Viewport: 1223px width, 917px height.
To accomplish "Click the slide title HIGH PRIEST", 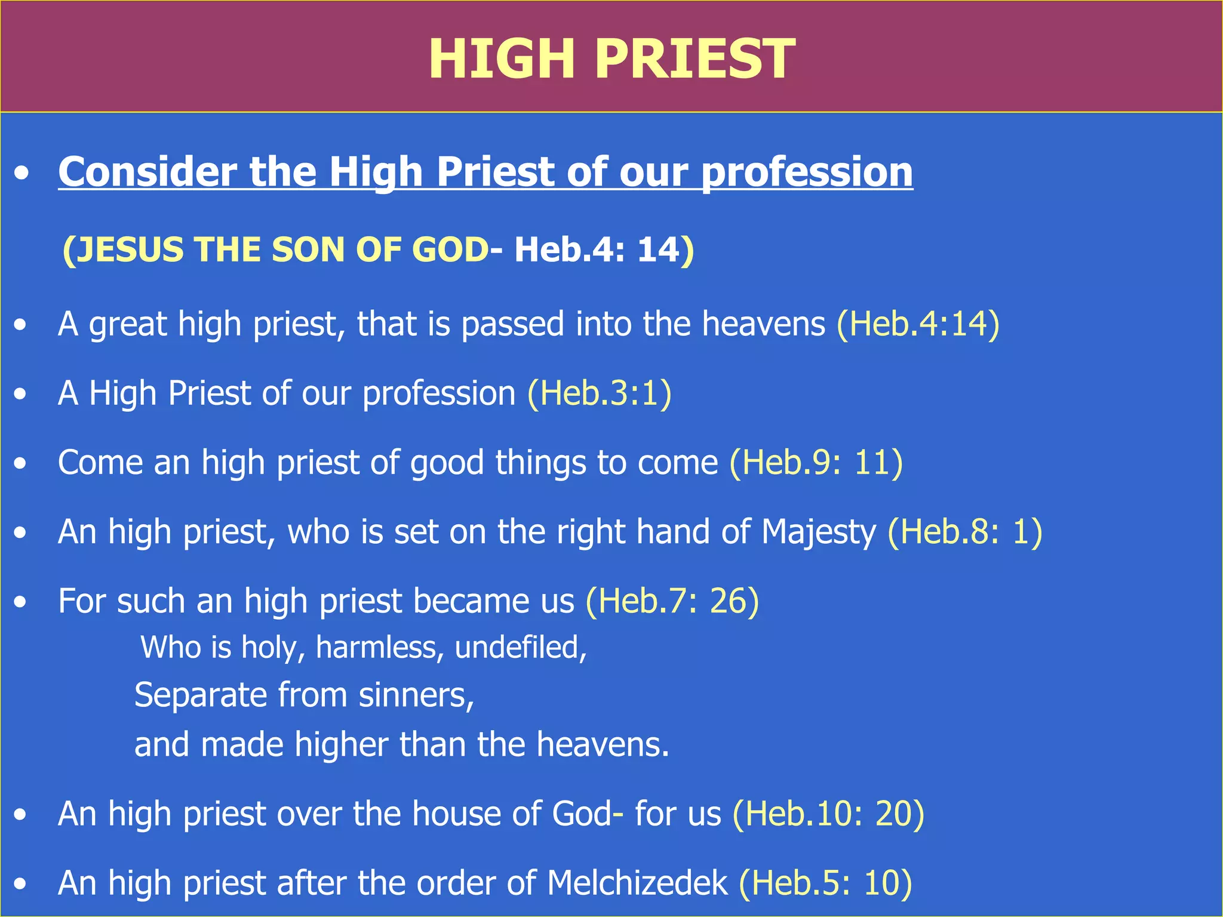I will (611, 59).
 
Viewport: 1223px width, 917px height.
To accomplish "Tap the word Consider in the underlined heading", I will (148, 172).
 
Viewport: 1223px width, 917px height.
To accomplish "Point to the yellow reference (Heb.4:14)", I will (918, 324).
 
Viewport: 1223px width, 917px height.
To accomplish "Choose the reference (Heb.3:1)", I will (599, 393).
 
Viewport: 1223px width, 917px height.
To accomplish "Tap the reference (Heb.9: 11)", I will (816, 463).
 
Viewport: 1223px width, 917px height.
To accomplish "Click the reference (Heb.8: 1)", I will (964, 532).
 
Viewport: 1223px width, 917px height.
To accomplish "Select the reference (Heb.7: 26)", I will (672, 601).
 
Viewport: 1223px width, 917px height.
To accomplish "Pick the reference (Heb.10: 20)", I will (828, 814).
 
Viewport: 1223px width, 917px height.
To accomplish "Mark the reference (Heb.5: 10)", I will (825, 883).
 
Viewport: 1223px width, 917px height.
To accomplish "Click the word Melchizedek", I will (637, 883).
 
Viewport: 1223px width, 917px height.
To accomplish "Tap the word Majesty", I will (819, 532).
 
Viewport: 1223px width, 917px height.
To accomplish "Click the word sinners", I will (416, 696).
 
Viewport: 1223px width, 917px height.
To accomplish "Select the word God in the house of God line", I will (582, 814).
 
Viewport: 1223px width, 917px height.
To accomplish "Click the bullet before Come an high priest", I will (21, 463).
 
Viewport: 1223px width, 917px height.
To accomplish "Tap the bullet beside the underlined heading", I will (22, 174).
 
